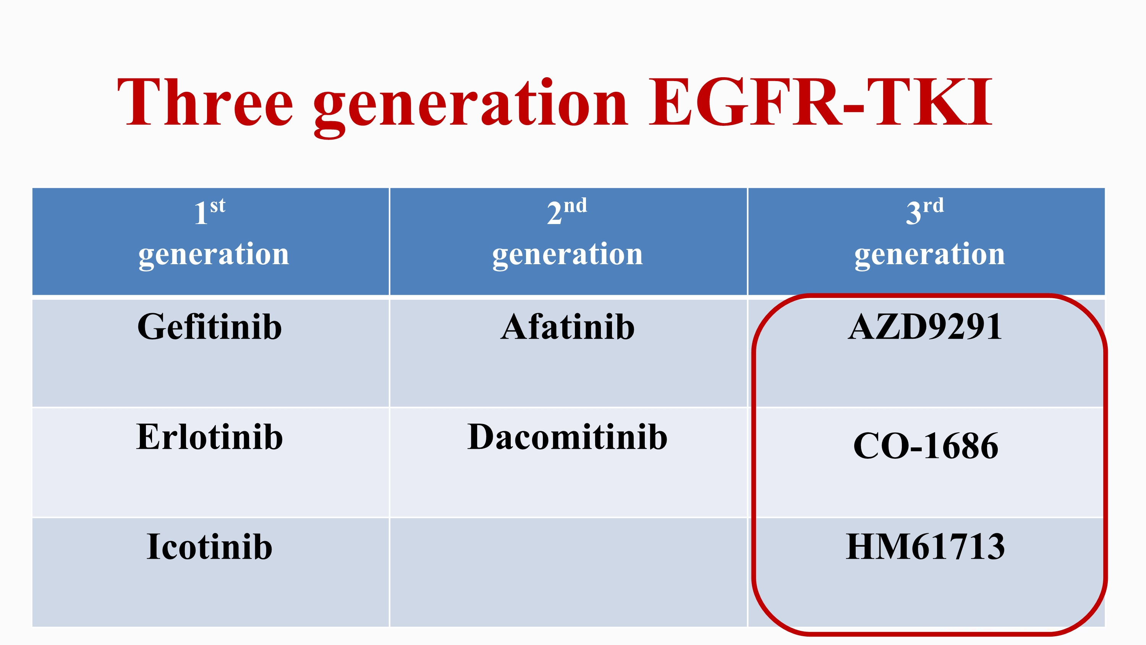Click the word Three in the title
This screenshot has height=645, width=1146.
click(x=205, y=102)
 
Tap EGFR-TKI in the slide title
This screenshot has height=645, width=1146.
click(x=821, y=102)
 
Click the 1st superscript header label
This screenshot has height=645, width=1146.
click(x=210, y=211)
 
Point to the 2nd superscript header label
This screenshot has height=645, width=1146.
click(x=567, y=211)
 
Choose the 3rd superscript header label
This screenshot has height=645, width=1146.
click(x=925, y=211)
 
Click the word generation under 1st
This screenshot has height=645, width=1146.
click(x=214, y=255)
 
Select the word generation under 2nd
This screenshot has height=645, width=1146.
click(x=568, y=255)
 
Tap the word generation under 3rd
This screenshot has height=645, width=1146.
click(x=930, y=255)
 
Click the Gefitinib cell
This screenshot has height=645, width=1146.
click(x=210, y=327)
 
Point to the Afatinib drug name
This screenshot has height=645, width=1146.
click(x=568, y=327)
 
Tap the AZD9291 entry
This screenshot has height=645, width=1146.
click(x=925, y=327)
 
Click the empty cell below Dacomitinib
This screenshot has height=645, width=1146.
click(x=568, y=572)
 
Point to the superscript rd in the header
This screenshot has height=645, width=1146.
click(x=933, y=205)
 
